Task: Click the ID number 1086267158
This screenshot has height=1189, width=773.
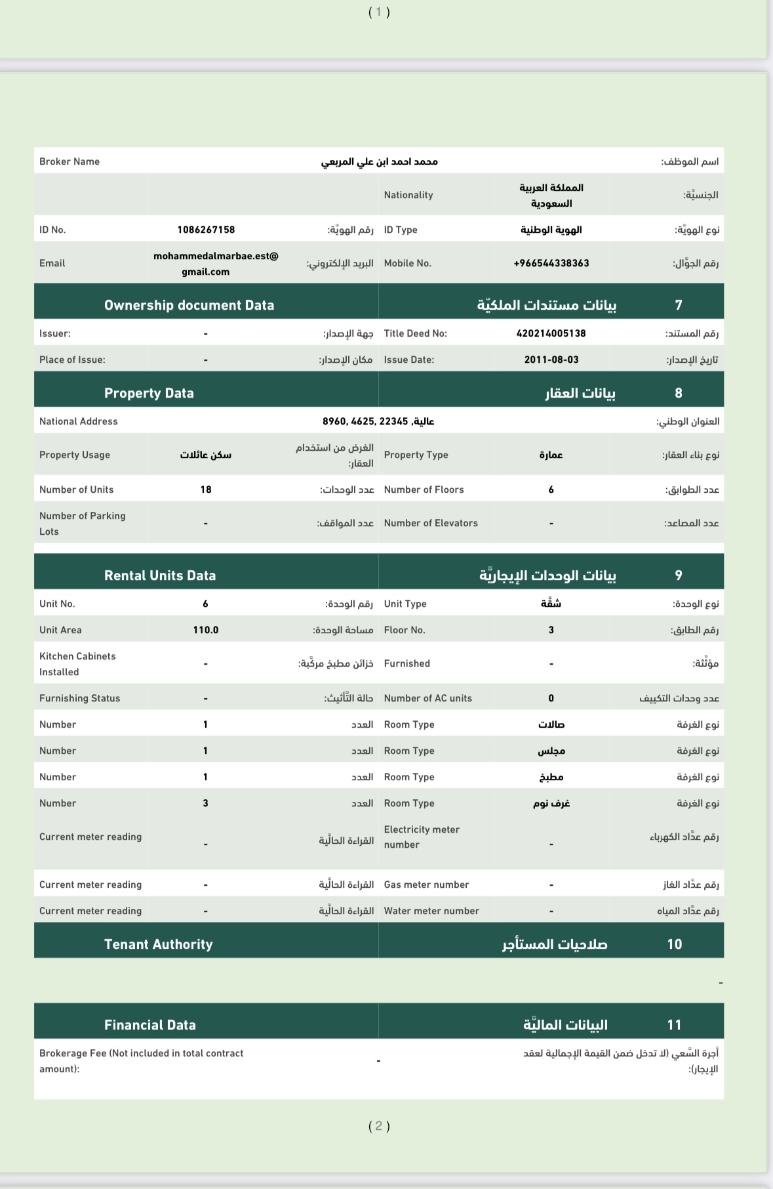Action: point(206,230)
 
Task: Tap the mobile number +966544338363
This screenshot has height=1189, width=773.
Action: point(551,263)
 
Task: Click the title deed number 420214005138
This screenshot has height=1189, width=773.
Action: point(551,333)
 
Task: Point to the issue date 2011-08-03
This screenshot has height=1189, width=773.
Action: point(551,360)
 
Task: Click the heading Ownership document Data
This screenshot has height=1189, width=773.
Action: point(189,305)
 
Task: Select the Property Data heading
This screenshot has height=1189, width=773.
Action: point(149,393)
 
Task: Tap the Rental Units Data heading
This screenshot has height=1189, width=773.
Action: point(160,575)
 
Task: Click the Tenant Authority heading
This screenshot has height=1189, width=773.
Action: point(159,944)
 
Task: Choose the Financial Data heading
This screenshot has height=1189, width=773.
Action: point(150,1025)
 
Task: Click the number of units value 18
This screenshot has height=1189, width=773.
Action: point(206,490)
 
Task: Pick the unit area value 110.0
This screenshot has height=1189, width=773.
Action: point(206,630)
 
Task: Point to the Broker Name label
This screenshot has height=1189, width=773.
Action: point(69,161)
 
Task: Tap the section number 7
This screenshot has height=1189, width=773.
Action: point(679,305)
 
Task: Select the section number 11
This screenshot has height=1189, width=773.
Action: point(675,1025)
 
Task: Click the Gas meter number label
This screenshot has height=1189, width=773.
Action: point(426,885)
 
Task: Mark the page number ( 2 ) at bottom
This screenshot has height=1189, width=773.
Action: point(379,1126)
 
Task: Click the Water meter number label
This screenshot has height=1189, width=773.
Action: point(431,911)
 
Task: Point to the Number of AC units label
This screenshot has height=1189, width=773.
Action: point(428,698)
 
